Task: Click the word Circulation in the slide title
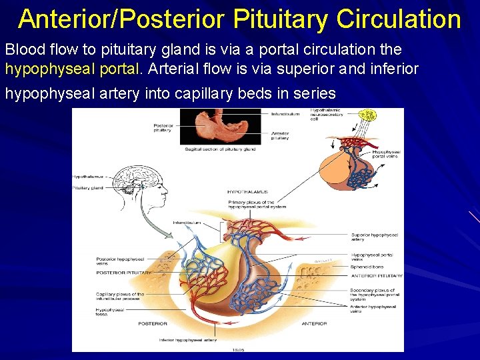pyautogui.click(x=399, y=19)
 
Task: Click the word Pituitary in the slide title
pyautogui.click(x=271, y=19)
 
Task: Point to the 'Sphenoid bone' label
pyautogui.click(x=365, y=267)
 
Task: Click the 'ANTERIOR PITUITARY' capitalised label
pyautogui.click(x=377, y=275)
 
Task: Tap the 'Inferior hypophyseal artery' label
pyautogui.click(x=187, y=340)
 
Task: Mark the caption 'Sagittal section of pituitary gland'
pyautogui.click(x=220, y=149)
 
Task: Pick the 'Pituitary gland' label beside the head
pyautogui.click(x=89, y=188)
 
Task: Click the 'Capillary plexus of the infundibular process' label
pyautogui.click(x=120, y=296)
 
